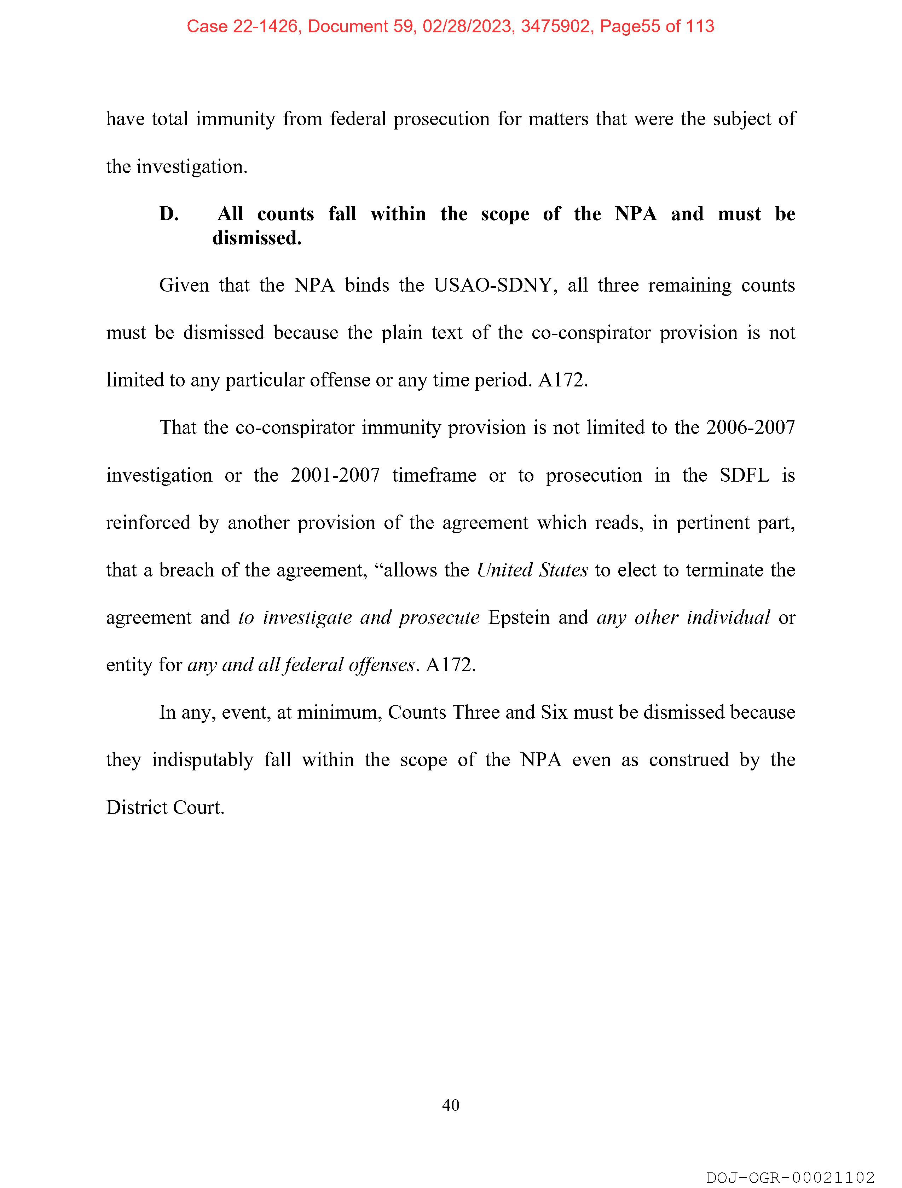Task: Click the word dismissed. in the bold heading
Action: coord(257,238)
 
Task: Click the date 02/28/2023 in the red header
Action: coord(467,26)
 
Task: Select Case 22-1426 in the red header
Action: coord(242,26)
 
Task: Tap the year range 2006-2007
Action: coord(751,427)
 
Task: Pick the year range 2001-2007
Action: coord(335,475)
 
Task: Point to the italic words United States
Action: coord(532,570)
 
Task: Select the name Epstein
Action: coord(519,618)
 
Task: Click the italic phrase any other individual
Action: coord(683,618)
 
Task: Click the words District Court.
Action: coord(165,807)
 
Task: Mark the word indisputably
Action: coord(202,760)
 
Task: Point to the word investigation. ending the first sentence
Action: coord(192,166)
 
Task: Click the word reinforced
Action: coord(148,523)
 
